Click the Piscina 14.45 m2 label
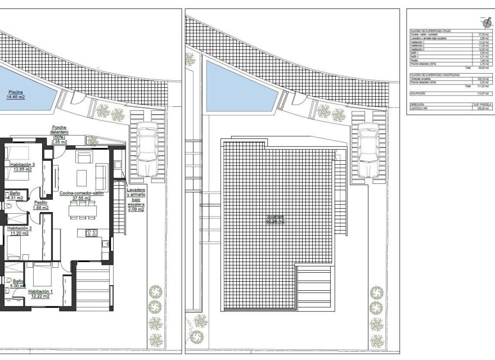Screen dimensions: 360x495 (x=17, y=94)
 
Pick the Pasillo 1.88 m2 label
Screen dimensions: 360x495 (x=40, y=205)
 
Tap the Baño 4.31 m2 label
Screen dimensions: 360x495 (x=15, y=195)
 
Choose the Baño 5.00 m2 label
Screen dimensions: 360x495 (x=17, y=283)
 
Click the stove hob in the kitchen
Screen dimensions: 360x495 (x=91, y=232)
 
